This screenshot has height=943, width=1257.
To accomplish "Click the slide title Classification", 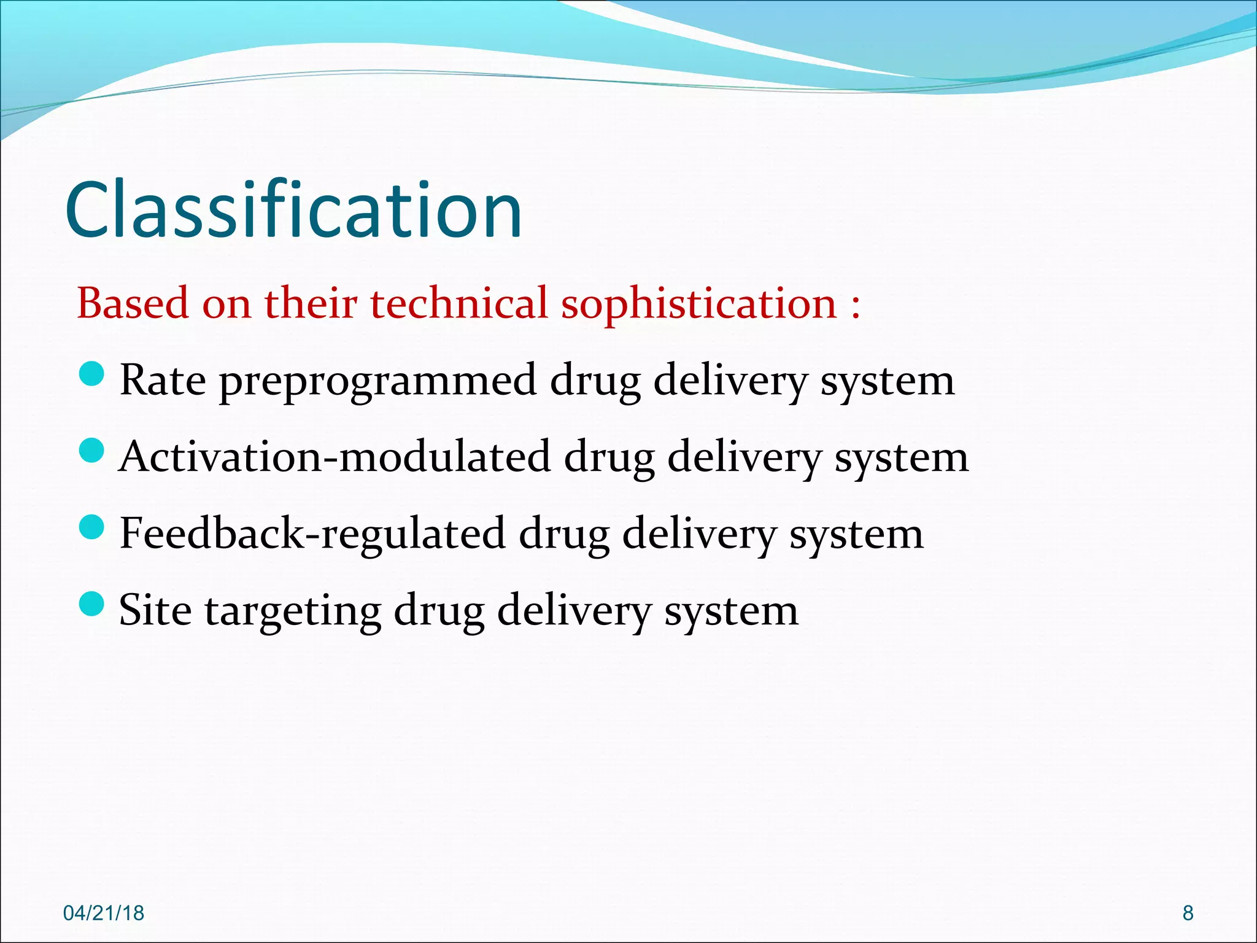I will pyautogui.click(x=293, y=210).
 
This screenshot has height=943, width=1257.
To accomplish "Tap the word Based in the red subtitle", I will pyautogui.click(x=133, y=303).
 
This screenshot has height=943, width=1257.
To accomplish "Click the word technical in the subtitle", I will pyautogui.click(x=458, y=303).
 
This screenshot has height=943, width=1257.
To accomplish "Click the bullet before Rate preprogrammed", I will pyautogui.click(x=92, y=374).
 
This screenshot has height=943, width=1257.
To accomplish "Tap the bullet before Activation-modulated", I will pyautogui.click(x=92, y=451).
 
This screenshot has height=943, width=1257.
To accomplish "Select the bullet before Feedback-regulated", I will pyautogui.click(x=92, y=527).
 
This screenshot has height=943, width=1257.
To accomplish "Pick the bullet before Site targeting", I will pyautogui.click(x=92, y=603).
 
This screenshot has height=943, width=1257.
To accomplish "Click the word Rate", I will pyautogui.click(x=163, y=381).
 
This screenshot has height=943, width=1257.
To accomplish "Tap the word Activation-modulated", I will pyautogui.click(x=335, y=457).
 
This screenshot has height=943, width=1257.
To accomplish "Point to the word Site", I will pyautogui.click(x=155, y=610).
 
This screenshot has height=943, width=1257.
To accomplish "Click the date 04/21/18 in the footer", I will pyautogui.click(x=104, y=913).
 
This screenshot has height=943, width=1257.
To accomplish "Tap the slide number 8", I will pyautogui.click(x=1188, y=913).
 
